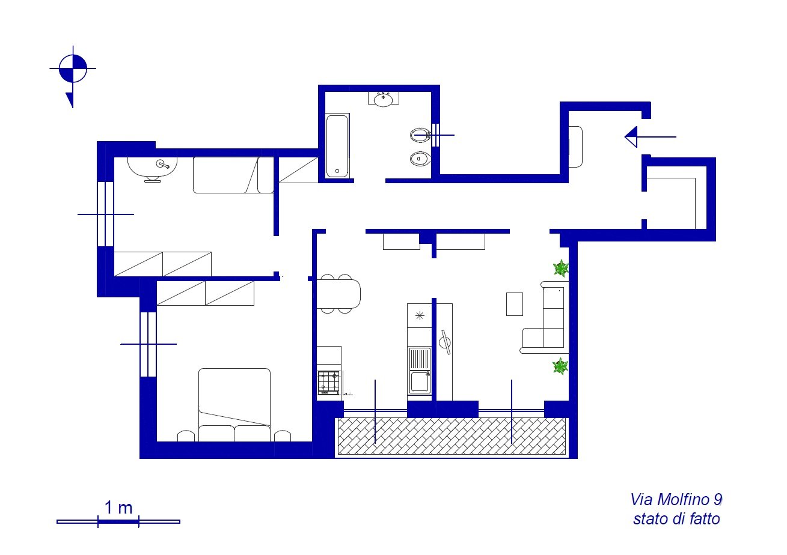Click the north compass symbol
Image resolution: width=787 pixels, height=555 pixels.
[x=73, y=69]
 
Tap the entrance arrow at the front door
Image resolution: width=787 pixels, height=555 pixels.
[x=650, y=137]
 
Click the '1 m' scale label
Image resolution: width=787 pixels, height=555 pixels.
[x=118, y=508]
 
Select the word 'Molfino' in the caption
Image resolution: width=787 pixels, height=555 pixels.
[x=681, y=500]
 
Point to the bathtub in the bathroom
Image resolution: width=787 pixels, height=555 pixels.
[x=337, y=146]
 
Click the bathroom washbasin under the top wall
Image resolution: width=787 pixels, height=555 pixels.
[x=384, y=99]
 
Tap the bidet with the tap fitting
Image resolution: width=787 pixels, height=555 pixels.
[x=420, y=135]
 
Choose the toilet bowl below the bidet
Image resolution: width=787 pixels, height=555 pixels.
[x=420, y=159]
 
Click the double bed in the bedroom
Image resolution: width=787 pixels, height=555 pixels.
[x=234, y=405]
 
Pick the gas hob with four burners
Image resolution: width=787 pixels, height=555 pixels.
[x=329, y=382]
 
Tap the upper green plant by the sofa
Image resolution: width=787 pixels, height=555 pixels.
[x=561, y=268]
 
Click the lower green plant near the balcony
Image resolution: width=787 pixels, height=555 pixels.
[x=560, y=366]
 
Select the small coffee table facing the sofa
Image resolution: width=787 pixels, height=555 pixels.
[x=515, y=304]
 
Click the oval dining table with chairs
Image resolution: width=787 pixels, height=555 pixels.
[x=338, y=294]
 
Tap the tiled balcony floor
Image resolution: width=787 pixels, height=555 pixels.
[x=452, y=436]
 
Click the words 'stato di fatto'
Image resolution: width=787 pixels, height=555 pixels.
[x=676, y=519]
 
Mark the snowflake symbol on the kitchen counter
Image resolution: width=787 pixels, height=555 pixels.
[x=420, y=315]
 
